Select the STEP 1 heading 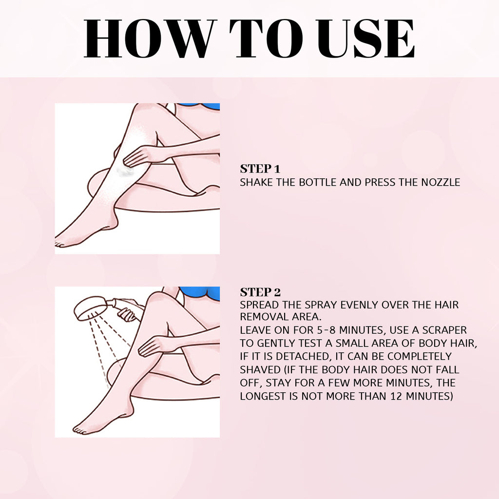[260, 169]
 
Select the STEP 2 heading [260, 292]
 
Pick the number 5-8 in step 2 [329, 330]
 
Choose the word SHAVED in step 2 [260, 370]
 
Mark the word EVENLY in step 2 [354, 305]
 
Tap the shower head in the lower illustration [90, 309]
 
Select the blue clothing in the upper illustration [205, 106]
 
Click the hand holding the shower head [128, 315]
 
